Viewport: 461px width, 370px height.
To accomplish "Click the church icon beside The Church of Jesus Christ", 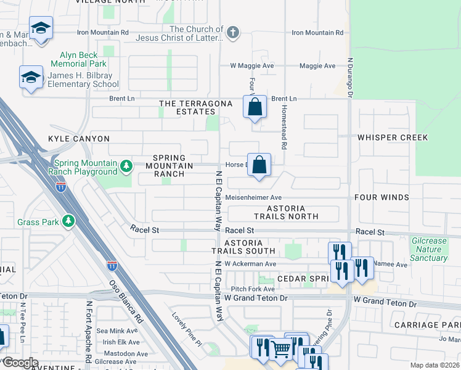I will coord(232,33).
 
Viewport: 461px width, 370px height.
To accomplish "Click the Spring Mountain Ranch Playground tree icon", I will coord(126,166).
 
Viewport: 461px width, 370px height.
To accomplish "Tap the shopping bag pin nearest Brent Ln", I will coord(255,107).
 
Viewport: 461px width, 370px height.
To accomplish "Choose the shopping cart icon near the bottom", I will coord(281,350).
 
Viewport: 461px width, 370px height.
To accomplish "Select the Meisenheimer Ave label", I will coord(253,197).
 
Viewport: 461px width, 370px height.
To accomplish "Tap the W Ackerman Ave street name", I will coord(253,264).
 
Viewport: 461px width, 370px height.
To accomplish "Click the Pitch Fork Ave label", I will coord(253,289).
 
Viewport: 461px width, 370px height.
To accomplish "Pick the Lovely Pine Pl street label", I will coord(187,327).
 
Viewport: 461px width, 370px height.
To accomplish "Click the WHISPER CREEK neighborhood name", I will coord(392,138).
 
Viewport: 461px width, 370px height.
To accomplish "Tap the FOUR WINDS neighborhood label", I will coord(381,197).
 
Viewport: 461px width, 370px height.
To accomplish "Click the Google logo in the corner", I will coord(20,363).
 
